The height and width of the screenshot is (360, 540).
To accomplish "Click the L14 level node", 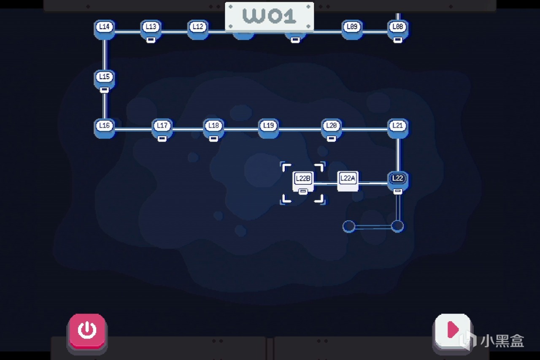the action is (104, 30).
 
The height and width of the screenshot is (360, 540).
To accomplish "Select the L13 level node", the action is (151, 30).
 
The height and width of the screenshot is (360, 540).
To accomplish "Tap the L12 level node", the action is (198, 30).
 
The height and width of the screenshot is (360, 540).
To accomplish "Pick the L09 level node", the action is (352, 30).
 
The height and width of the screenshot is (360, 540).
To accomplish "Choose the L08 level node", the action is (398, 30).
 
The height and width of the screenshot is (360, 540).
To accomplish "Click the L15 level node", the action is (104, 80).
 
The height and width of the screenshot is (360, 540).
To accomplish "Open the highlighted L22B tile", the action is (303, 181).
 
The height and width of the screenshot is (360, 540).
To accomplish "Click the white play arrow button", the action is (453, 331).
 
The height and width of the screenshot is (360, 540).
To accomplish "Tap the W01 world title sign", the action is (269, 16).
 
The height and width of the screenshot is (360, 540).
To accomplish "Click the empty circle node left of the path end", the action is (349, 227).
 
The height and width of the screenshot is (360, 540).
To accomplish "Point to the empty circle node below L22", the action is (397, 226).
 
